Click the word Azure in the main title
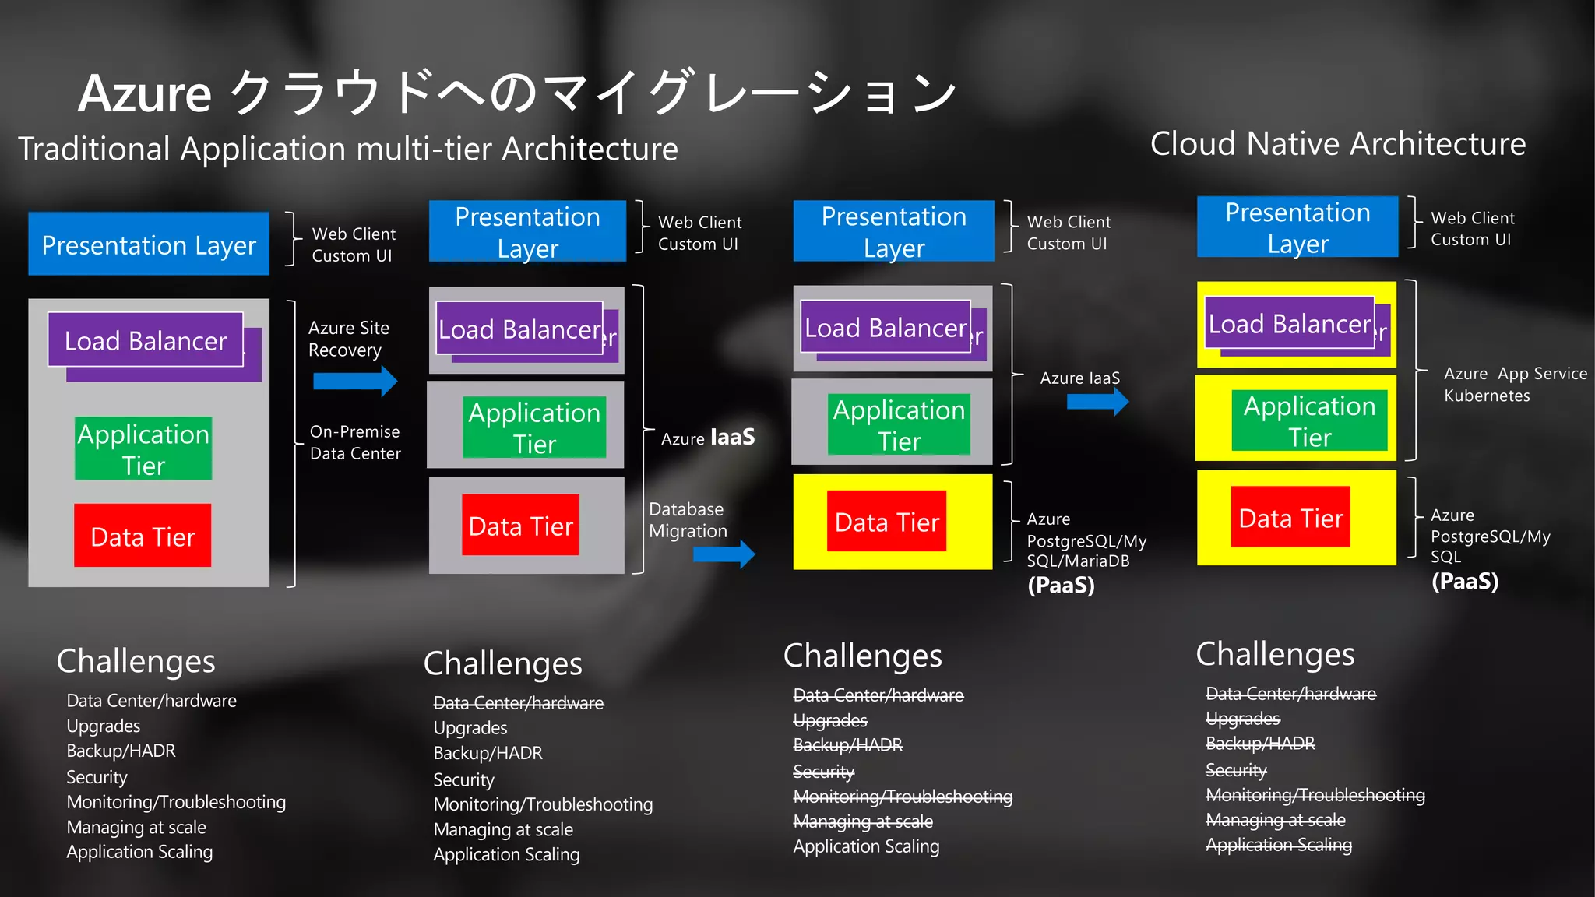[145, 94]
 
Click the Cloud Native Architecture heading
[1337, 144]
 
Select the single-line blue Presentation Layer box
[149, 244]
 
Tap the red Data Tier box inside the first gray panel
[143, 536]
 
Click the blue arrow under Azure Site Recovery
[355, 381]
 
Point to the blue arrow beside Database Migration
[724, 554]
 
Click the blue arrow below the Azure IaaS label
[1097, 402]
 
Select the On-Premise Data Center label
[355, 442]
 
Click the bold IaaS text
[732, 437]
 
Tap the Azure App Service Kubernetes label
[1514, 385]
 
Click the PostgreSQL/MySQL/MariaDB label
[1086, 540]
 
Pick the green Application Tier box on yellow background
[1309, 420]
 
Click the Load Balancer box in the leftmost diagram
[146, 340]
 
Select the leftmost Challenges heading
[136, 660]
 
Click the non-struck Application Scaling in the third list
[866, 846]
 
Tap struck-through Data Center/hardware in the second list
[518, 703]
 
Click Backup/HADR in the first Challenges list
[121, 751]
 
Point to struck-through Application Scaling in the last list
[1278, 845]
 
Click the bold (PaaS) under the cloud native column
[1464, 582]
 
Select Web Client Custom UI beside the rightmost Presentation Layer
[1472, 229]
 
